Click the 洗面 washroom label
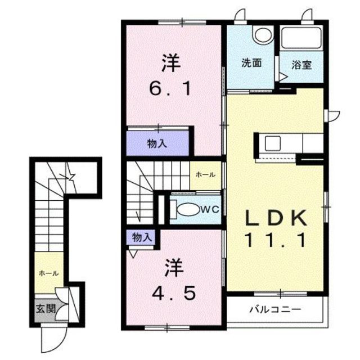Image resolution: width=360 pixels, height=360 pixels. [x=251, y=64]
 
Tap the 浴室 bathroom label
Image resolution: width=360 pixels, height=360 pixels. [x=301, y=64]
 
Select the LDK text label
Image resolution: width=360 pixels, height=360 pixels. [x=274, y=216]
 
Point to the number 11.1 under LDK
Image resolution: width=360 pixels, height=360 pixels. [x=274, y=241]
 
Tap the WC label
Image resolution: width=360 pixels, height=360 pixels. [x=209, y=209]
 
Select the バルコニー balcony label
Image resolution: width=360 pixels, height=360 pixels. [x=275, y=309]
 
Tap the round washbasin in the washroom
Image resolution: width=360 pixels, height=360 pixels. [x=261, y=35]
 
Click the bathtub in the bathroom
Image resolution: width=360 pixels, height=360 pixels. [x=301, y=38]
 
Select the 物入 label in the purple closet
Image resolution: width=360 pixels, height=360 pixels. [x=157, y=143]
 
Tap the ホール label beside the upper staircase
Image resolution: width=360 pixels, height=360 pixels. [x=205, y=175]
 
